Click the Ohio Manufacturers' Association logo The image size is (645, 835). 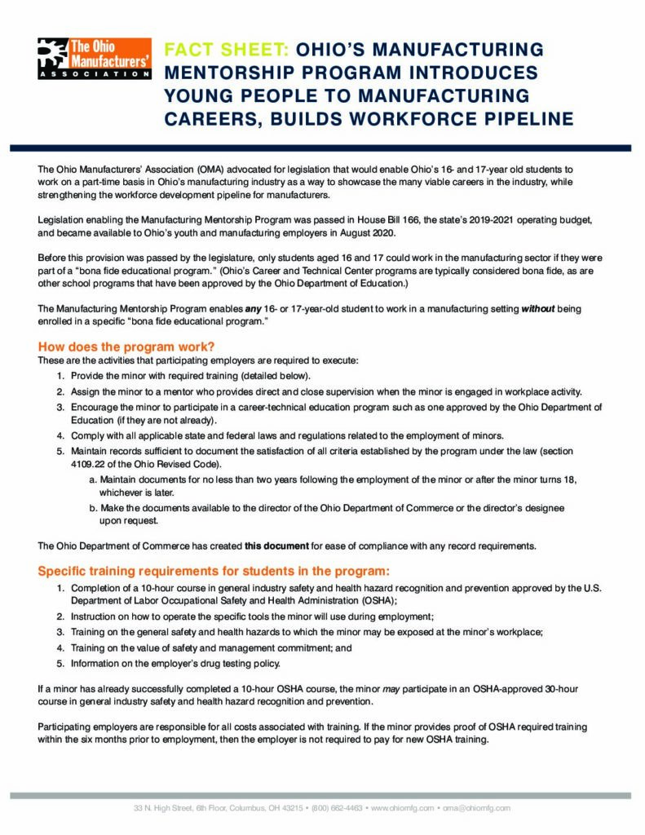pos(95,58)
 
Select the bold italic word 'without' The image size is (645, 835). pos(539,310)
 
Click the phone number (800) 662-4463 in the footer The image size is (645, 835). pos(338,808)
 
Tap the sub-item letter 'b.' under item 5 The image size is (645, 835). pos(93,508)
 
